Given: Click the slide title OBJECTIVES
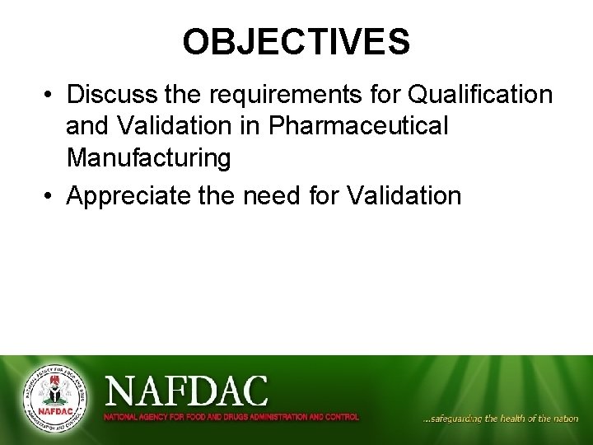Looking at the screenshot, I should point(296,42).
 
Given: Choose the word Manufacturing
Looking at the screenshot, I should point(148,157).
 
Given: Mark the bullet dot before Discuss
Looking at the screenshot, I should point(49,96).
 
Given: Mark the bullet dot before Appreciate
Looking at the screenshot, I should point(49,197).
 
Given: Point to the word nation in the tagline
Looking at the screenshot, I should point(566,419).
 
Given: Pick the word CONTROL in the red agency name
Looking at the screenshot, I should point(342,417).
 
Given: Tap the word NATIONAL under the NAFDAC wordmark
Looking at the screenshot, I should point(119,417).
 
